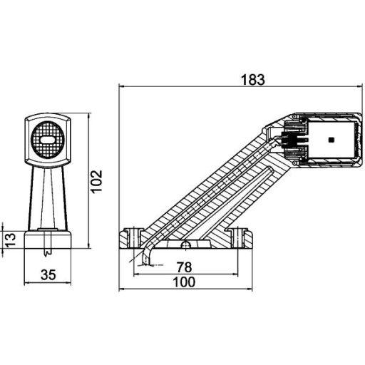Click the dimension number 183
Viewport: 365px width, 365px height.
[252, 80]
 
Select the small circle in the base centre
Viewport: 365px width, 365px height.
[185, 245]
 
